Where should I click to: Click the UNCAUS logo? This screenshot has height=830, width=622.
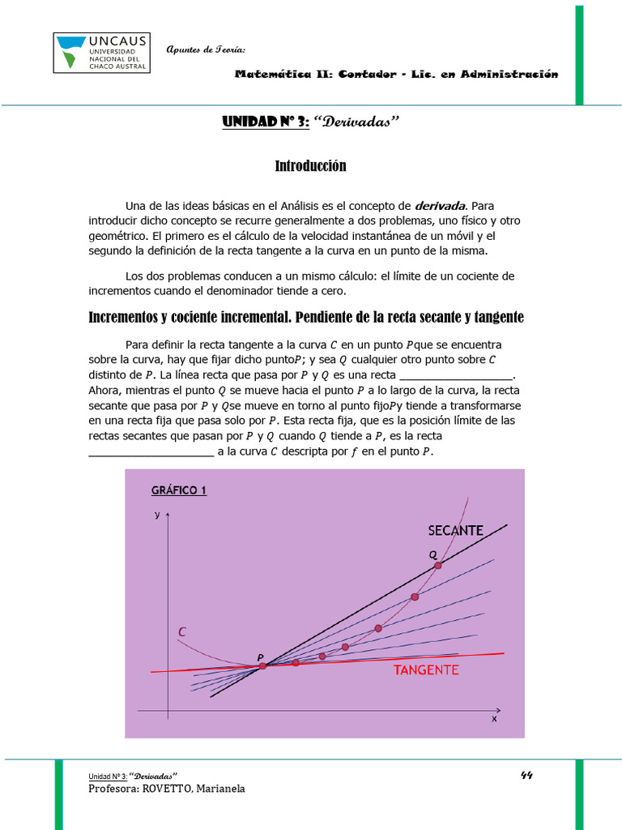[101, 53]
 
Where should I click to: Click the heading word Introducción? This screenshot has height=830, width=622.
[310, 166]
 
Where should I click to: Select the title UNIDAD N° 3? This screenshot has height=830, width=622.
[265, 122]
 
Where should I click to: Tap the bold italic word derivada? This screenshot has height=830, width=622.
[441, 205]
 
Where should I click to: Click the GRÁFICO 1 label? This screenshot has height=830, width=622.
[179, 490]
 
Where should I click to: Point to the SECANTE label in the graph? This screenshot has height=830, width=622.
[455, 531]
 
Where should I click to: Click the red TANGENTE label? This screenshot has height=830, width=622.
[426, 670]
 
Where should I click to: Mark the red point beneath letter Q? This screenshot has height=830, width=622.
[438, 565]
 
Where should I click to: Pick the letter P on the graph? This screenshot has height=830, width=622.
[260, 657]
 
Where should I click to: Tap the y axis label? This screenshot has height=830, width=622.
[157, 515]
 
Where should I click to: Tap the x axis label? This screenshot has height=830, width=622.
[494, 719]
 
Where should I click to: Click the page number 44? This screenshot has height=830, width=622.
[526, 774]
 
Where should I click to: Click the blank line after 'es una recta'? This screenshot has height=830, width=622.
[458, 375]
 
